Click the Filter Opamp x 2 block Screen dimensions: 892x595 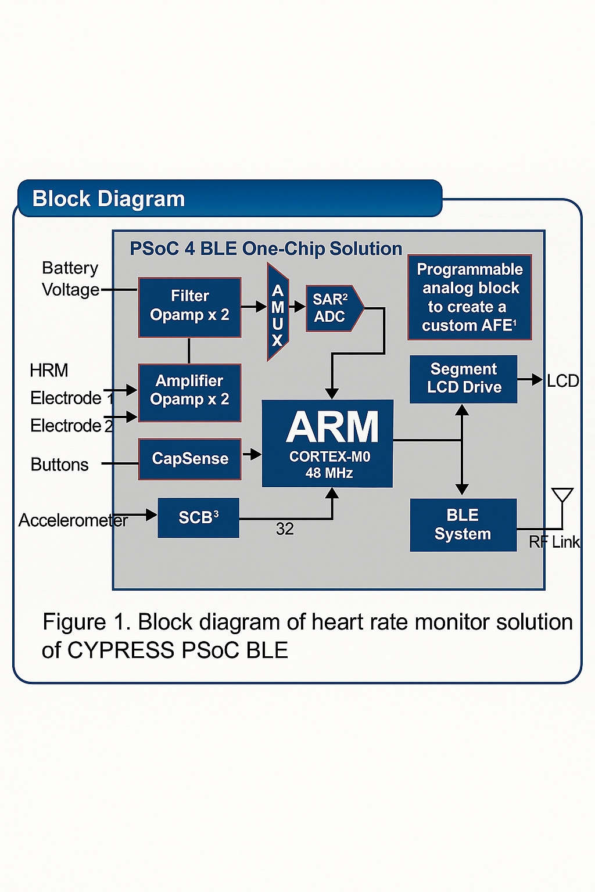[x=189, y=307]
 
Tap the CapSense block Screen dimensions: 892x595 [x=189, y=459]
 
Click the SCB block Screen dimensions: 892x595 [x=198, y=517]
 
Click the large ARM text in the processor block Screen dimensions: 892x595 [x=332, y=428]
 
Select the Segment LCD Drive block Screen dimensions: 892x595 [x=463, y=379]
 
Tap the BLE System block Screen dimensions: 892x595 [x=463, y=524]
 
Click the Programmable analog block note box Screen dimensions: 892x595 [x=469, y=297]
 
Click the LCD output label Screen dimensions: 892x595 [x=562, y=381]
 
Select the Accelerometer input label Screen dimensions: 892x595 [x=73, y=520]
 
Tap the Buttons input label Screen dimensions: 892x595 [x=59, y=465]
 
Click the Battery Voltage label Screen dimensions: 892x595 [x=70, y=279]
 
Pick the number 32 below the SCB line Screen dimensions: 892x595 [x=285, y=529]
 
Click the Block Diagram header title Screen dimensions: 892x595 [x=109, y=199]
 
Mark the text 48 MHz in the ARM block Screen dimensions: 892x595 [x=329, y=473]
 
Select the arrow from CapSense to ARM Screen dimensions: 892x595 [x=252, y=454]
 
